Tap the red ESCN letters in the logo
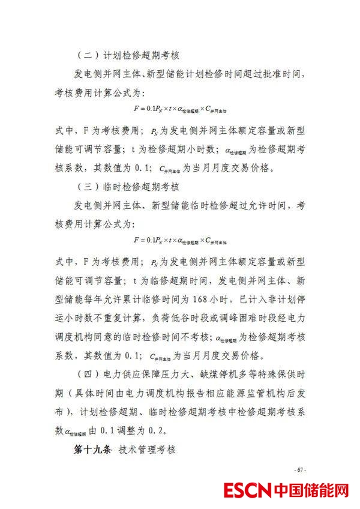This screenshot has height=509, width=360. click(x=247, y=491)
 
